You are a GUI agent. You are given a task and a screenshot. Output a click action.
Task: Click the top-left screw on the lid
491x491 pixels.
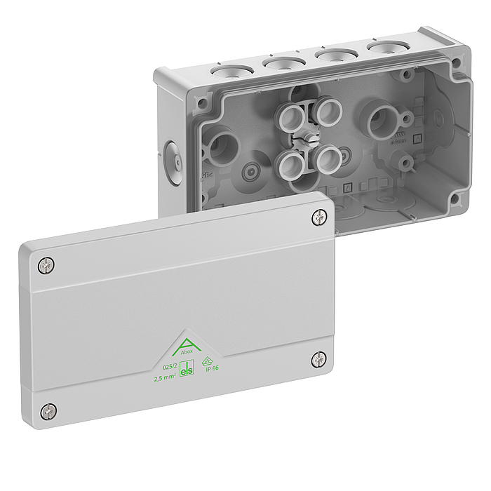click(x=47, y=265)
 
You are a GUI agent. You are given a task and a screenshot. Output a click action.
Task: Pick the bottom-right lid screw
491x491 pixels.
click(x=319, y=360)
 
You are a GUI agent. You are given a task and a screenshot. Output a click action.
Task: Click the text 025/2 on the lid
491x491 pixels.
click(x=169, y=367)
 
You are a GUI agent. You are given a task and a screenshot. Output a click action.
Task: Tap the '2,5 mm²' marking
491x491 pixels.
click(x=166, y=378)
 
